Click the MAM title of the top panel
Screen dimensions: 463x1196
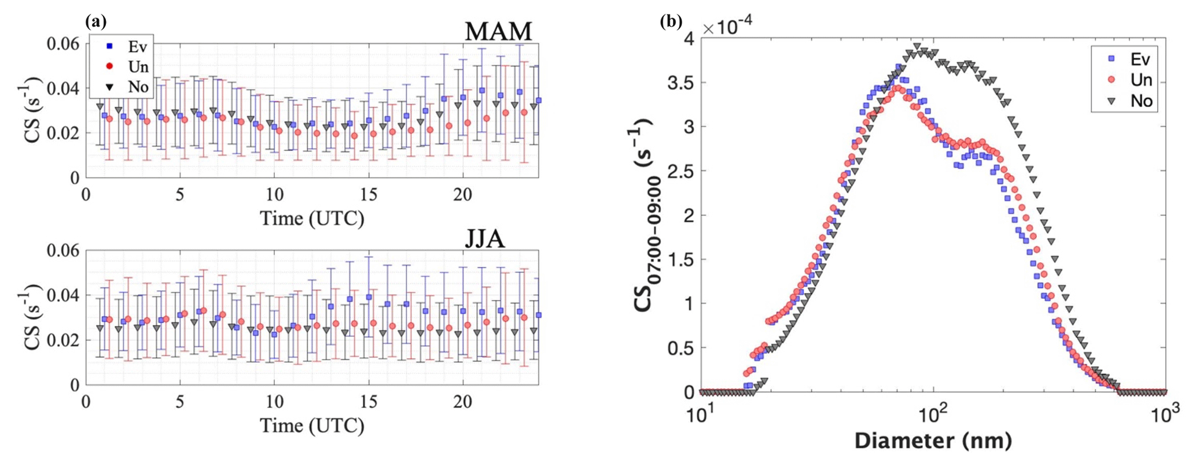(498, 31)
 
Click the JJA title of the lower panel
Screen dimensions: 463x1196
(485, 238)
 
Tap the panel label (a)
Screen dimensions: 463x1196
(95, 21)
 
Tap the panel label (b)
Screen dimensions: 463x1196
(671, 21)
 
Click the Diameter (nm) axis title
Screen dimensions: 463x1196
(933, 441)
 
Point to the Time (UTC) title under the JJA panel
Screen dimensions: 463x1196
(312, 426)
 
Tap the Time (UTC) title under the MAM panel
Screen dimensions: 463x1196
(312, 218)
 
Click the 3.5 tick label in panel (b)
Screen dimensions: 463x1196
(680, 83)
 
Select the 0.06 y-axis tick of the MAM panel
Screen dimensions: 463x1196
(63, 44)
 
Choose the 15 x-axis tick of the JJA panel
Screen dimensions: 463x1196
(369, 402)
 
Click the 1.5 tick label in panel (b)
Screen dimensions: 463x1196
(680, 260)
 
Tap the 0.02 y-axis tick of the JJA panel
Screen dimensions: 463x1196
(63, 340)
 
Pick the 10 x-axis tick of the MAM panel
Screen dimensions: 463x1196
(274, 195)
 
